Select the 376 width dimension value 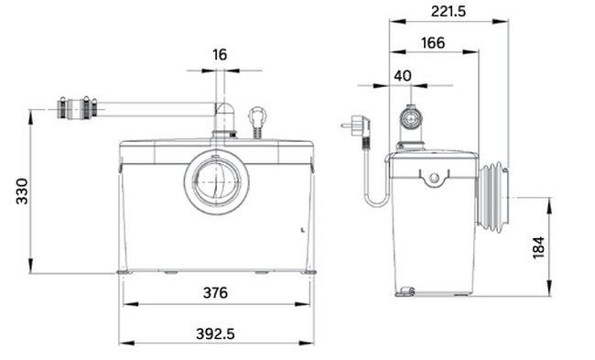point(217,293)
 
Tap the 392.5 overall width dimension point(217,333)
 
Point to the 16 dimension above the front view point(220,55)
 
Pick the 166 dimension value point(433,42)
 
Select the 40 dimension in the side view point(403,75)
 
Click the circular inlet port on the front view point(217,182)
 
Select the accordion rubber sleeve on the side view point(492,197)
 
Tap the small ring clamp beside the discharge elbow point(258,118)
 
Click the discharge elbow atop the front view point(222,120)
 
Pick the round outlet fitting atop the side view point(411,118)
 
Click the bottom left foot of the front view point(122,271)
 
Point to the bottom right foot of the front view point(309,271)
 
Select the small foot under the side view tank point(405,292)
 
